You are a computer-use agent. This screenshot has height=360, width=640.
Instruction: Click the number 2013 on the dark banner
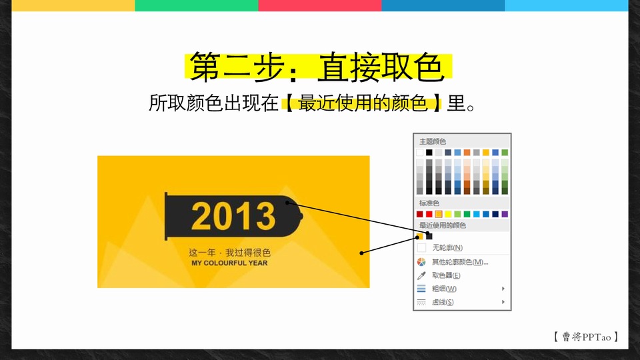[x=233, y=216]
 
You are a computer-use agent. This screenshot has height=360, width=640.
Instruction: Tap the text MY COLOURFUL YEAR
[x=229, y=263]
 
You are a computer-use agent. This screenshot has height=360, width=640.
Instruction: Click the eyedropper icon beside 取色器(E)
[x=421, y=275]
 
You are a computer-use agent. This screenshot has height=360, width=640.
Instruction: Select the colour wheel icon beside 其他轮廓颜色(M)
[x=421, y=262]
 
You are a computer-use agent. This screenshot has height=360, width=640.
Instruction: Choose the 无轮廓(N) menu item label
[x=447, y=248]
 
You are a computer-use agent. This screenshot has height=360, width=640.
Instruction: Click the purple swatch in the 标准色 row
[x=505, y=214]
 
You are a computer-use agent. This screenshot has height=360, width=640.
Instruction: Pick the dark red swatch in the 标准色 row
[x=419, y=214]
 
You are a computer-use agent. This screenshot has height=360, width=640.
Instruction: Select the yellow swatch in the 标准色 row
[x=448, y=214]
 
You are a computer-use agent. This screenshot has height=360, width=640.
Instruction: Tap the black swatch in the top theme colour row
[x=429, y=152]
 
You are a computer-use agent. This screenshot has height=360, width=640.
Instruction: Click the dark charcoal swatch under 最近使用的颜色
[x=429, y=236]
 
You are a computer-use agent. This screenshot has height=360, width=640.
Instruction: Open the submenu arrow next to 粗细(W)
[x=503, y=289]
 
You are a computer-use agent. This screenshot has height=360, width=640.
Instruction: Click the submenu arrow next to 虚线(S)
[x=503, y=302]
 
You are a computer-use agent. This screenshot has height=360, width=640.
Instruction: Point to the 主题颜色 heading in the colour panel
[x=433, y=141]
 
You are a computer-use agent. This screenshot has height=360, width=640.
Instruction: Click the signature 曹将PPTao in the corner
[x=586, y=337]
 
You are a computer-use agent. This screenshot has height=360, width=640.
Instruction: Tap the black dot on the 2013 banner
[x=287, y=203]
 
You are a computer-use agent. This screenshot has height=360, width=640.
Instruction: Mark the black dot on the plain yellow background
[x=361, y=253]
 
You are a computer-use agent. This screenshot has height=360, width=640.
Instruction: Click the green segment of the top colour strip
[x=197, y=5]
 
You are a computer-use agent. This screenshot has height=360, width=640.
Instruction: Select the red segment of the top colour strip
[x=320, y=5]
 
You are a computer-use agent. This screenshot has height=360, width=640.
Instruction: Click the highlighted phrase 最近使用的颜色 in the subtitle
[x=363, y=103]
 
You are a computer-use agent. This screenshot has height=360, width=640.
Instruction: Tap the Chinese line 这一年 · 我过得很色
[x=230, y=253]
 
